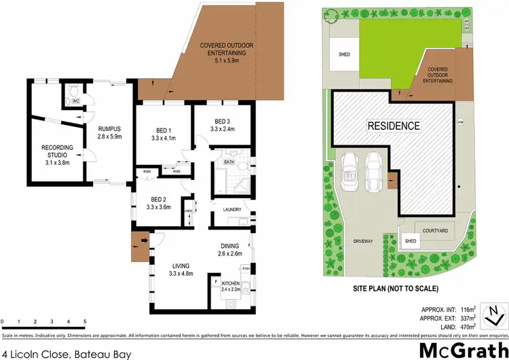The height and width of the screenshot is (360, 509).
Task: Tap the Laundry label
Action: (232, 209)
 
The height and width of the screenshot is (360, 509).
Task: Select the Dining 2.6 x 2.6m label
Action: (232, 249)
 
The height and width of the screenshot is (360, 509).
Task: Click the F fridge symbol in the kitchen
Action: (216, 280)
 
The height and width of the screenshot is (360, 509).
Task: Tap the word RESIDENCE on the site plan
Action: (394, 126)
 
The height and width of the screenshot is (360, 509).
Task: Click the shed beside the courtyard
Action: (410, 241)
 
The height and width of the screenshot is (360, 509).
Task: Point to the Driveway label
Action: (364, 240)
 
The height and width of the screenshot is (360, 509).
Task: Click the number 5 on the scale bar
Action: (85, 321)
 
